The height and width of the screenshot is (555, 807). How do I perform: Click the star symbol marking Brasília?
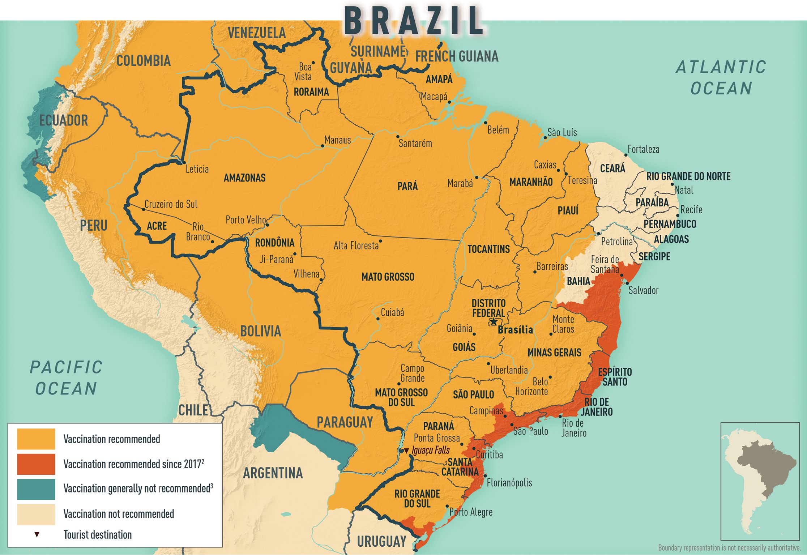pyautogui.click(x=494, y=322)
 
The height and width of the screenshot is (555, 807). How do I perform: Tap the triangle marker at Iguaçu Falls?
pyautogui.click(x=406, y=451)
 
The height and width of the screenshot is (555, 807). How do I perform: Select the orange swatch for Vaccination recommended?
pyautogui.click(x=36, y=439)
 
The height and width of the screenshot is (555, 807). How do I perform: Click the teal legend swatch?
pyautogui.click(x=36, y=489)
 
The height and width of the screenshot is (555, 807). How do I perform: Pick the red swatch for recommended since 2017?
pyautogui.click(x=36, y=464)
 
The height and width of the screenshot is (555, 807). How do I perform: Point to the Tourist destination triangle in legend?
pyautogui.click(x=37, y=534)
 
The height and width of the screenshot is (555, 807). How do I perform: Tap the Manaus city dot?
pyautogui.click(x=323, y=146)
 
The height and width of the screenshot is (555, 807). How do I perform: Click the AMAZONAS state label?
pyautogui.click(x=244, y=178)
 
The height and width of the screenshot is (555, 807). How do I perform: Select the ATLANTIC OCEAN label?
pyautogui.click(x=721, y=78)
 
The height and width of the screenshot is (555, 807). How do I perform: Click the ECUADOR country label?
pyautogui.click(x=63, y=120)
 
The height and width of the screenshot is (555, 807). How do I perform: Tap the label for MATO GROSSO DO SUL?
pyautogui.click(x=401, y=397)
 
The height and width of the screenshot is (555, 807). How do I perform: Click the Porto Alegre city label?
pyautogui.click(x=471, y=512)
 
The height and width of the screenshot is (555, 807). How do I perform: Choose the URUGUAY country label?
pyautogui.click(x=381, y=542)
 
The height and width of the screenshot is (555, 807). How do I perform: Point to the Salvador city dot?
pyautogui.click(x=627, y=283)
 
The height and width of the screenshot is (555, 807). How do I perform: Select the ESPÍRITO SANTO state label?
pyautogui.click(x=615, y=377)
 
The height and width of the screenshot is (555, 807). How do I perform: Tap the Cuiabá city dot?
pyautogui.click(x=378, y=319)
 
